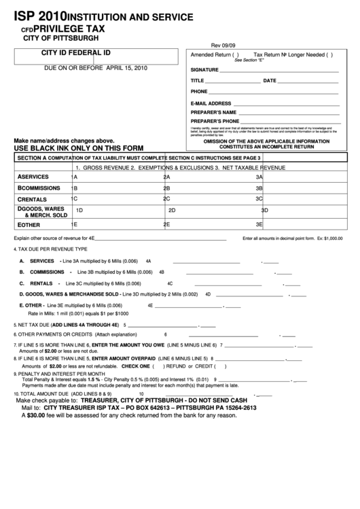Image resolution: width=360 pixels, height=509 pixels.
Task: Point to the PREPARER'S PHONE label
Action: point(215,121)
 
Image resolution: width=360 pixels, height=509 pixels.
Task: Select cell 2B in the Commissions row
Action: point(166,188)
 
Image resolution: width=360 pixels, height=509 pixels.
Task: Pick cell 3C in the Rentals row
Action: point(259,198)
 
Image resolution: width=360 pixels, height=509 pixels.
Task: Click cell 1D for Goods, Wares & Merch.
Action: point(79,211)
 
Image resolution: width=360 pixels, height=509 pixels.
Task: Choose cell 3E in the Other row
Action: point(259,224)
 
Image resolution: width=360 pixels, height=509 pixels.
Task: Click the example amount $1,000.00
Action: point(329,239)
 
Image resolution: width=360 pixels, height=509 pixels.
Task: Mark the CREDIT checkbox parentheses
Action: point(219,366)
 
